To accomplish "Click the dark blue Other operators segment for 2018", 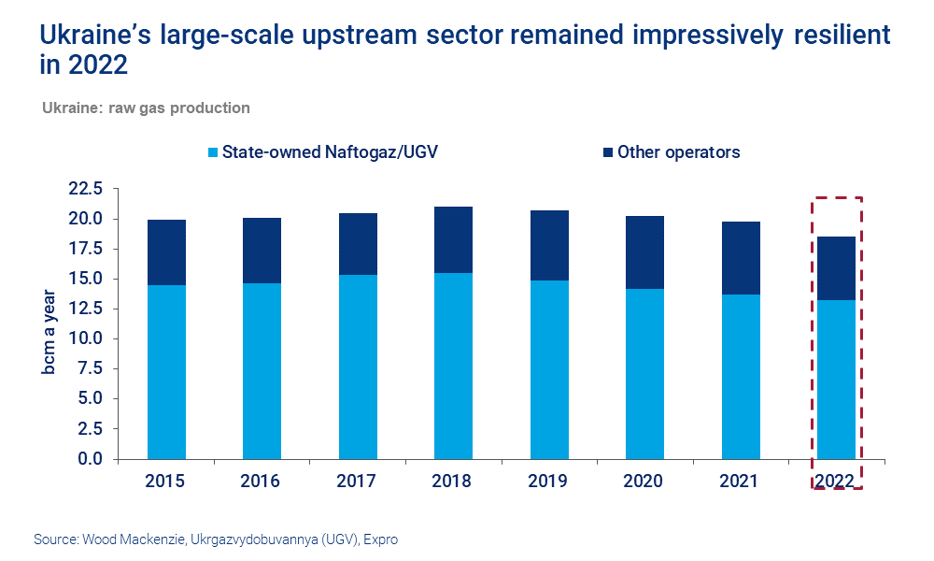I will pos(453,239).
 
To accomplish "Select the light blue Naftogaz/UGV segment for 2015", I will pos(165,372).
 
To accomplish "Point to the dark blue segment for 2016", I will pos(262,251).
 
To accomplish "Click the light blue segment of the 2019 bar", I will pos(548,369).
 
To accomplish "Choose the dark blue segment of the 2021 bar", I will pos(740,258).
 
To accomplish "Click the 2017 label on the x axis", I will pos(357,481).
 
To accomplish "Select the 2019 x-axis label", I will pos(548,481).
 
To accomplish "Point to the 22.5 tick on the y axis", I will pos(85,190).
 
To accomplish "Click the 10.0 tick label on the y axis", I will pos(85,339).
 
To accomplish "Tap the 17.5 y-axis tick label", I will pos(85,250).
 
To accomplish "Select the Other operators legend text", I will pos(678,152).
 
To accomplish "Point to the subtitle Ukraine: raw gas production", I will pos(146,108).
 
